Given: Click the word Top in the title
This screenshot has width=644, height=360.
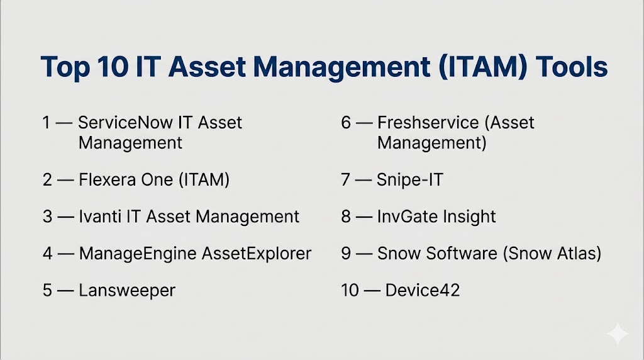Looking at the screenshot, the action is (65, 67).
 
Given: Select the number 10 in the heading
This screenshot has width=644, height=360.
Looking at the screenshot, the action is (113, 66).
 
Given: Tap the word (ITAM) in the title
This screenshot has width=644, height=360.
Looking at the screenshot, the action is (482, 67).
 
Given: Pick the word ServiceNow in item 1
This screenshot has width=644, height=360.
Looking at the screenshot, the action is (125, 123).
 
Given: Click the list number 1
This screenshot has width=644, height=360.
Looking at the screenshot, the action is (46, 123).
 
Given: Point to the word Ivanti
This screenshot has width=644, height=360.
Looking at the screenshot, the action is (99, 217).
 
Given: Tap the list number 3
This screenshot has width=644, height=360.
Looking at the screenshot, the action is (47, 217).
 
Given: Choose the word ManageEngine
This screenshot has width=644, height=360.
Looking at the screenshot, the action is (138, 254).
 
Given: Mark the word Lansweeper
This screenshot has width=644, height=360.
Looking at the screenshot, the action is (127, 291).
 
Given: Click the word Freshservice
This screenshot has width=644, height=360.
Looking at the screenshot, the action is (428, 123).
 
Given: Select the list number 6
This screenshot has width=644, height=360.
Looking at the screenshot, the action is (346, 123).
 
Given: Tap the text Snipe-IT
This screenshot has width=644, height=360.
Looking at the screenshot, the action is (410, 179).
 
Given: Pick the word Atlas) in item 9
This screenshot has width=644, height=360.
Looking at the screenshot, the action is (579, 254).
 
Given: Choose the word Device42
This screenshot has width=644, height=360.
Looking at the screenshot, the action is (422, 291).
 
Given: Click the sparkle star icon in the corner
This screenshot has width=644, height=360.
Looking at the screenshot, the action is (618, 334).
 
